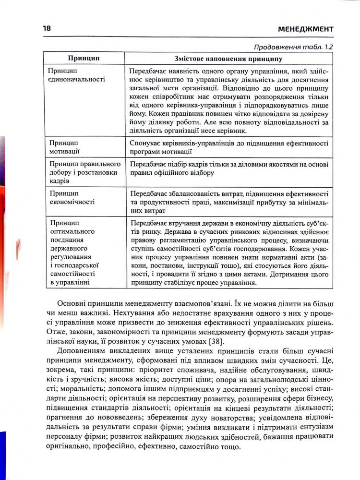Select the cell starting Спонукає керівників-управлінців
coord(228,147)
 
